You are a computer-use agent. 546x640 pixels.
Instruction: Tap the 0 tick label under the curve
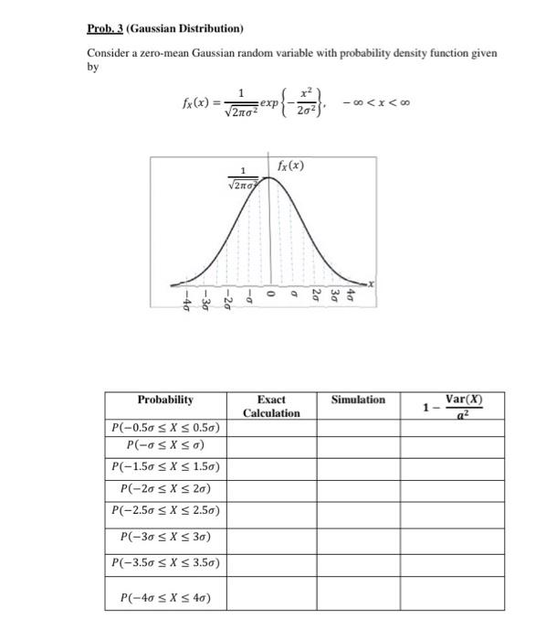click(x=271, y=294)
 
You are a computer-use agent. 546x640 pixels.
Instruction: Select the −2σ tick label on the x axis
click(x=228, y=302)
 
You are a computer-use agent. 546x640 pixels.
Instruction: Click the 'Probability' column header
click(x=165, y=400)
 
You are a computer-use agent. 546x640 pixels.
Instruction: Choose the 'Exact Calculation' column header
click(x=271, y=406)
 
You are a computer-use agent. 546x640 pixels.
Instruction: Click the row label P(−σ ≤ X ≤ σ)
click(x=165, y=445)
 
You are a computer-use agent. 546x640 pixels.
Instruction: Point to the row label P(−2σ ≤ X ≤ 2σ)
click(x=165, y=488)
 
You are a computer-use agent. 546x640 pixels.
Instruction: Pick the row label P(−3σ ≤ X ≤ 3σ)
click(x=165, y=535)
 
